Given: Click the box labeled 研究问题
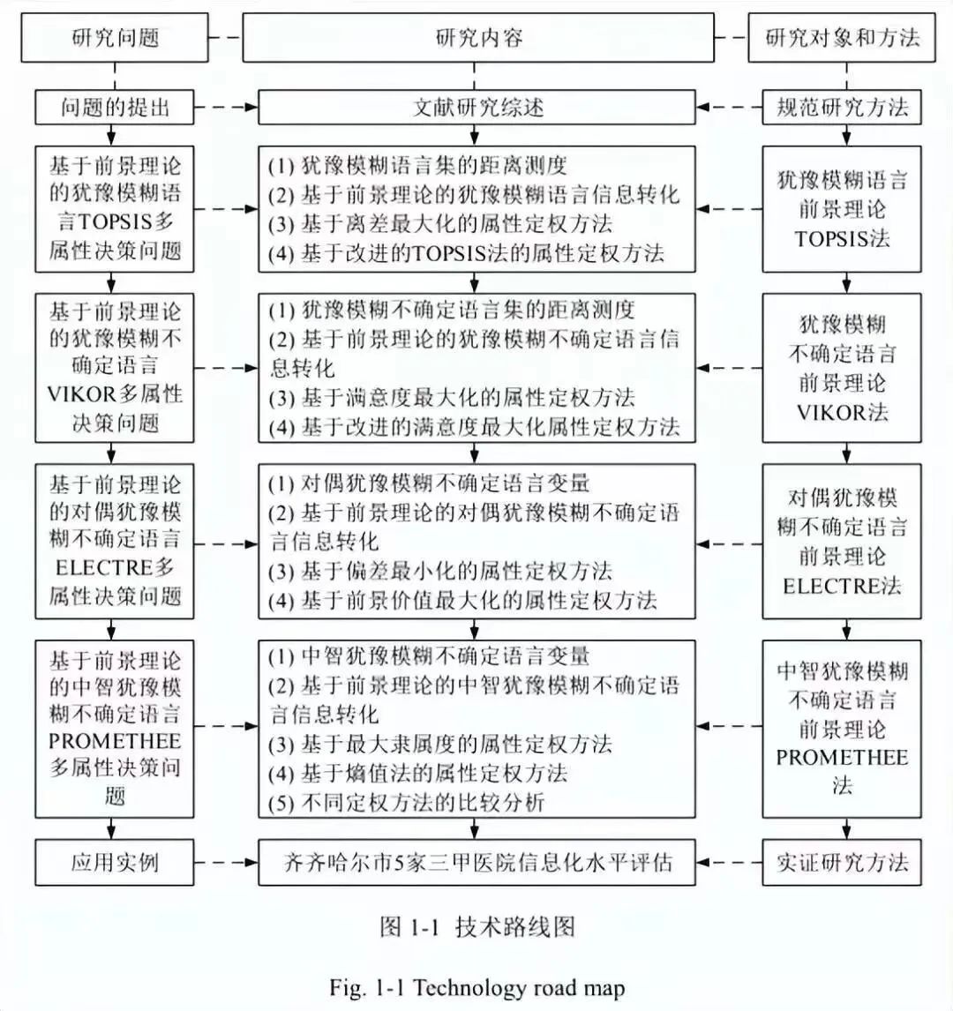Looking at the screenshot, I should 115,38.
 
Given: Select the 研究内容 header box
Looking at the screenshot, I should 478,38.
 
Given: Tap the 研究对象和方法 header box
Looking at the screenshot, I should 842,38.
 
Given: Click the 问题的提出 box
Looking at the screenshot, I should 115,108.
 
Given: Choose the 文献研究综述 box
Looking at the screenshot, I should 478,108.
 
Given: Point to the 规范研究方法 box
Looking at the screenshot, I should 842,108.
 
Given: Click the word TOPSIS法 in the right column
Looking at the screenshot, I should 842,238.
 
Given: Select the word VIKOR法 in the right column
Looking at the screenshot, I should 842,412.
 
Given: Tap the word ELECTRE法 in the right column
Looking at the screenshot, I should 842,585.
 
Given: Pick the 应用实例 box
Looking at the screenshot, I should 115,862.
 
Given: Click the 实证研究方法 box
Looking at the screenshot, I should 842,862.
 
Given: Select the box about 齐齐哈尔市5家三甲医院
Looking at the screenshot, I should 478,862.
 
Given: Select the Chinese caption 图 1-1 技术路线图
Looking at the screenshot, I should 477,926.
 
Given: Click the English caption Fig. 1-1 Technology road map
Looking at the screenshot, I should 477,986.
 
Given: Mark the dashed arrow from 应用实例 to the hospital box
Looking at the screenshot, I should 225,862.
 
